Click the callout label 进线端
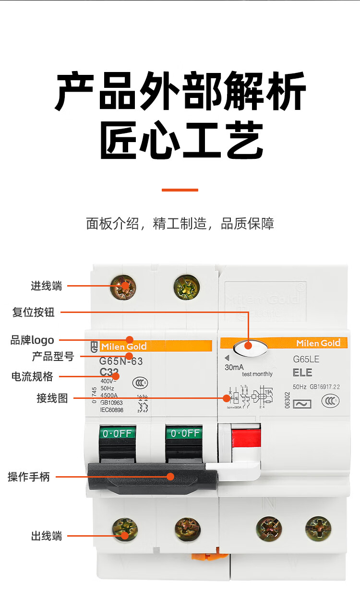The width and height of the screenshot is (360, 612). [x=47, y=287]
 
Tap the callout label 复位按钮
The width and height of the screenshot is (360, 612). [x=34, y=312]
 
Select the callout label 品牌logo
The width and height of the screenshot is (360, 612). [x=32, y=340]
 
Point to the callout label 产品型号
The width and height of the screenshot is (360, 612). [x=53, y=357]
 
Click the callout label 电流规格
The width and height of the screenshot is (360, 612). [x=32, y=376]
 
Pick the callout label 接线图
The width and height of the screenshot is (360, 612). [x=52, y=398]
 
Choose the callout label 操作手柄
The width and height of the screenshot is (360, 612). [x=29, y=477]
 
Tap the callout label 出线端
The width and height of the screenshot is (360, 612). [x=47, y=536]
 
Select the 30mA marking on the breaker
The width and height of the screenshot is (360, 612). [x=234, y=368]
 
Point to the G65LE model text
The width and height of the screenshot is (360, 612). [x=306, y=359]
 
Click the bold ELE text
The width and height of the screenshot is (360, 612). [x=302, y=372]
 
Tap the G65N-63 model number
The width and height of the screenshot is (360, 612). [x=121, y=361]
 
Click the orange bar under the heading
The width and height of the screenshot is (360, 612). [x=180, y=190]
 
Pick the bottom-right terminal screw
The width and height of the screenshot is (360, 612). [x=318, y=528]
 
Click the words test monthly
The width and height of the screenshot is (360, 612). [x=257, y=374]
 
